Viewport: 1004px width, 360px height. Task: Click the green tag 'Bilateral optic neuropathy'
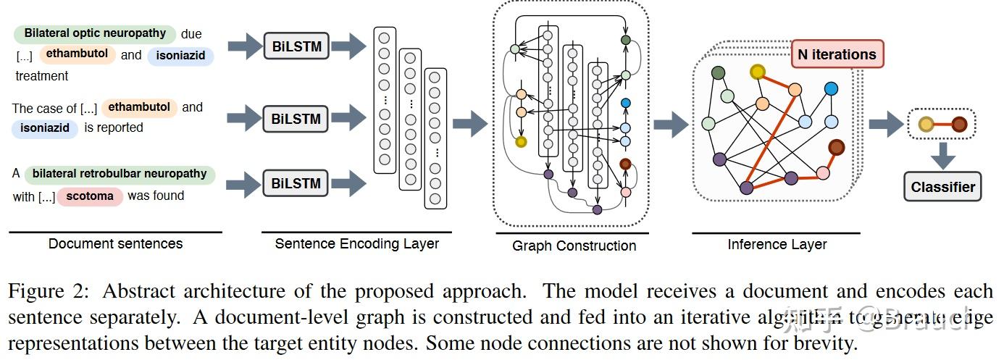click(95, 33)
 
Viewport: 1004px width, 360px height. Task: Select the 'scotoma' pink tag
click(91, 196)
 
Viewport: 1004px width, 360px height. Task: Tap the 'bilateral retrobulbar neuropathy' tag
click(120, 174)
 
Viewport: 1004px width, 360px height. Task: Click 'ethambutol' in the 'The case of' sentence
click(139, 107)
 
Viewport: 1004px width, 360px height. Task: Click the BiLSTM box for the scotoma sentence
click(296, 183)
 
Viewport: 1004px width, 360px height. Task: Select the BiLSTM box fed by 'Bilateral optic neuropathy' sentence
click(297, 47)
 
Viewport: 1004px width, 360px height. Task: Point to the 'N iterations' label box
click(837, 54)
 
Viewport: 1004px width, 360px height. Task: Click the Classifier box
click(942, 187)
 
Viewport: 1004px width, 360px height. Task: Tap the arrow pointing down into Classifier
click(943, 156)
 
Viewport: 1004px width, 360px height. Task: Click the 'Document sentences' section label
click(115, 243)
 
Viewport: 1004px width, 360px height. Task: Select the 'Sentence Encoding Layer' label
click(356, 243)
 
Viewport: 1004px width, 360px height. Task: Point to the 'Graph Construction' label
click(574, 246)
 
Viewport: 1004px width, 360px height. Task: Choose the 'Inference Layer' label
click(777, 244)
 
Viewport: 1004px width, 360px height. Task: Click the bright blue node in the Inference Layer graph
click(831, 88)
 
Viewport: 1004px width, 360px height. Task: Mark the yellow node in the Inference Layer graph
click(758, 71)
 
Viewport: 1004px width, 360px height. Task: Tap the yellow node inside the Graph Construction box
click(520, 141)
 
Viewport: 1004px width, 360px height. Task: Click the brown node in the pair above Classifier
click(959, 124)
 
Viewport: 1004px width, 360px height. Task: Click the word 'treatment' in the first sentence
click(42, 76)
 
